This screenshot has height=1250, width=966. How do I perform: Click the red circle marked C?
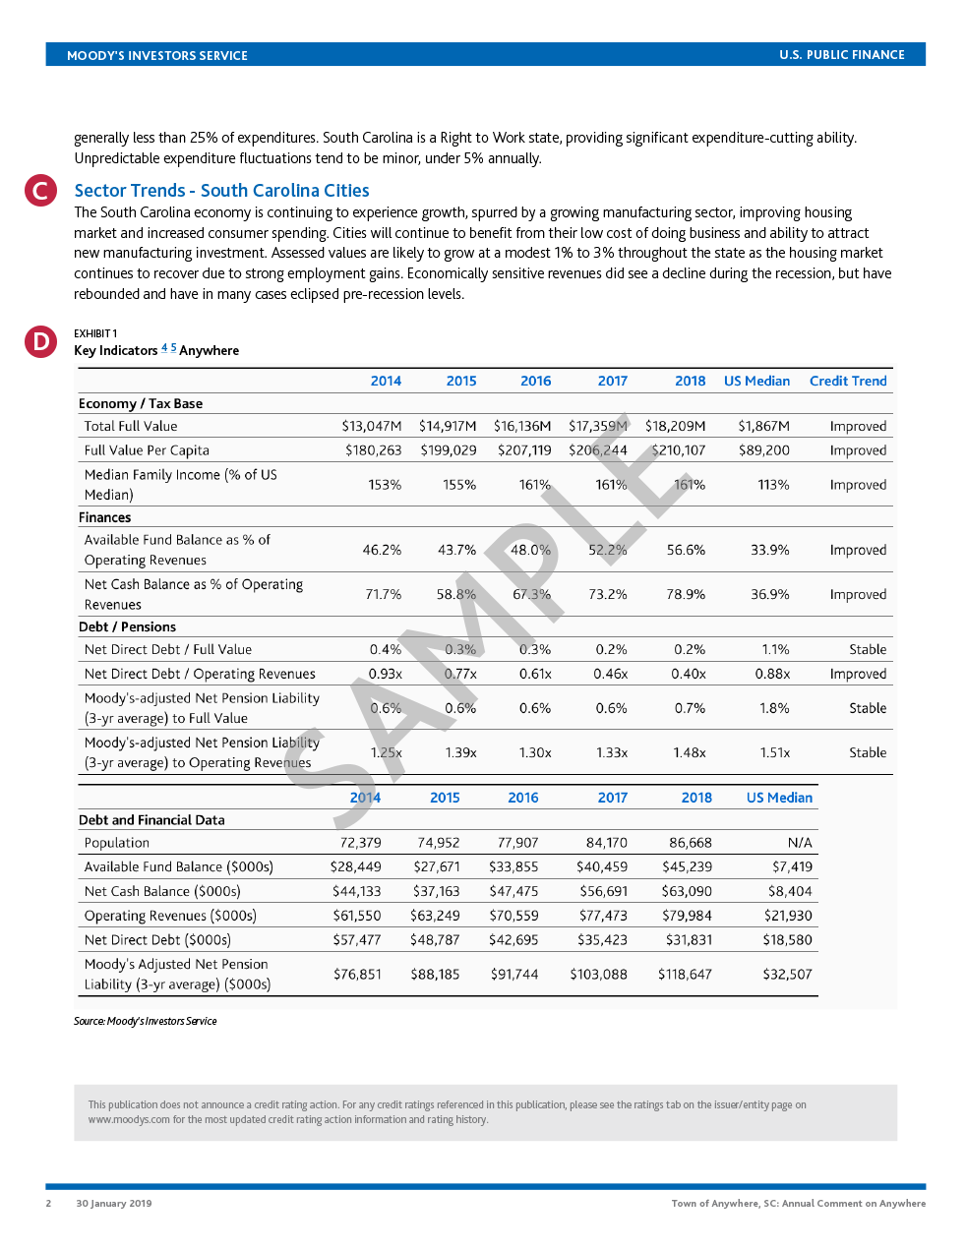pyautogui.click(x=40, y=190)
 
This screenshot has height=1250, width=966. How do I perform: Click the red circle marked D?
pyautogui.click(x=40, y=341)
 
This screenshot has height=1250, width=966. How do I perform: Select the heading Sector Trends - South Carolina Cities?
pyautogui.click(x=221, y=191)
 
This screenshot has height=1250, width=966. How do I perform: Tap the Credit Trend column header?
pyautogui.click(x=847, y=381)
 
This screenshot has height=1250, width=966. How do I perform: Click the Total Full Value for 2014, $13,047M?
pyautogui.click(x=371, y=426)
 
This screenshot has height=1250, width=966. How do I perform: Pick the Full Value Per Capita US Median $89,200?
pyautogui.click(x=763, y=450)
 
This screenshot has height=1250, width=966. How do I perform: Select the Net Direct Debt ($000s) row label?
pyautogui.click(x=157, y=939)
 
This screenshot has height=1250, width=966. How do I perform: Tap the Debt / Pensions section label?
pyautogui.click(x=127, y=626)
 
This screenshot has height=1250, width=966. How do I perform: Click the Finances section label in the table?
pyautogui.click(x=104, y=517)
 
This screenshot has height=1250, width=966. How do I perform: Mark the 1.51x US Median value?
pyautogui.click(x=774, y=752)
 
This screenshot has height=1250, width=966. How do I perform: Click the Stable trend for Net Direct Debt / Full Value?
pyautogui.click(x=867, y=649)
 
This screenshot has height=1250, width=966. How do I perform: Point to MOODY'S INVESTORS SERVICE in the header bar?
pyautogui.click(x=156, y=55)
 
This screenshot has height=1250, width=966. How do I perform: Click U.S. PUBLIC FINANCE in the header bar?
pyautogui.click(x=841, y=55)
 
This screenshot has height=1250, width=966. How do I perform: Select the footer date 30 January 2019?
pyautogui.click(x=113, y=1203)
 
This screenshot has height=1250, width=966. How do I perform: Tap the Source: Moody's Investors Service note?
pyautogui.click(x=145, y=1021)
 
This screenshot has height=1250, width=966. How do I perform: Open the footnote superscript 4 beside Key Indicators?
pyautogui.click(x=164, y=347)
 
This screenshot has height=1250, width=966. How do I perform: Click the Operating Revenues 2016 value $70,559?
pyautogui.click(x=513, y=916)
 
